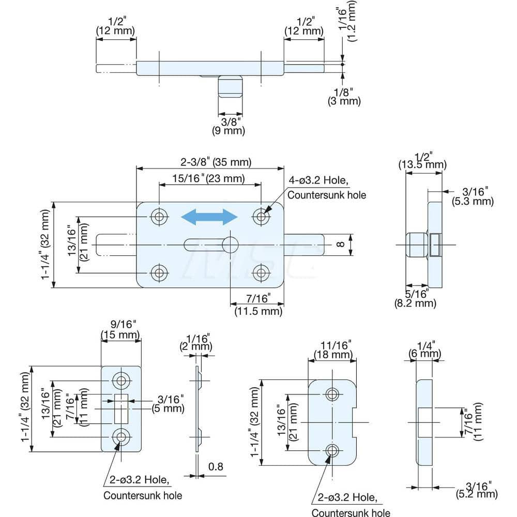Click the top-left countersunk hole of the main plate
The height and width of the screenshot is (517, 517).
(x=159, y=217)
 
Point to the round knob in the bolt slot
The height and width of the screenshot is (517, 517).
(x=230, y=245)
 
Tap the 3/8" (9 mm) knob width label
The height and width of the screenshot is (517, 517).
(x=230, y=126)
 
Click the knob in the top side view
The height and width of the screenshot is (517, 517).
(x=230, y=86)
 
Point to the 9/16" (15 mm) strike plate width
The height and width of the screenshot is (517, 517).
(x=120, y=330)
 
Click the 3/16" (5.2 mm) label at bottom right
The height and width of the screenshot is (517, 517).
(x=476, y=489)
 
